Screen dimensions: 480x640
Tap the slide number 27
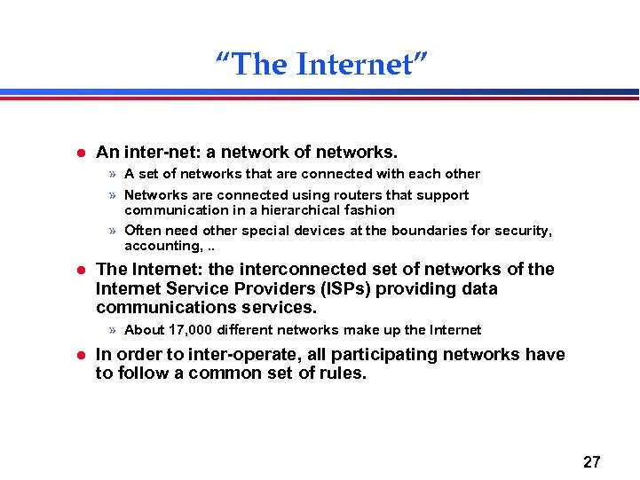pyautogui.click(x=592, y=461)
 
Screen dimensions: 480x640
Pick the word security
pyautogui.click(x=524, y=231)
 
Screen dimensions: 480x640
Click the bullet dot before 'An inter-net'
pyautogui.click(x=79, y=153)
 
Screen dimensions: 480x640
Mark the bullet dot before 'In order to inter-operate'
pyautogui.click(x=79, y=355)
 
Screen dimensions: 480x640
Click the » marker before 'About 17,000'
pyautogui.click(x=112, y=330)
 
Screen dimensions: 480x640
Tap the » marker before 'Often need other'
pyautogui.click(x=112, y=231)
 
